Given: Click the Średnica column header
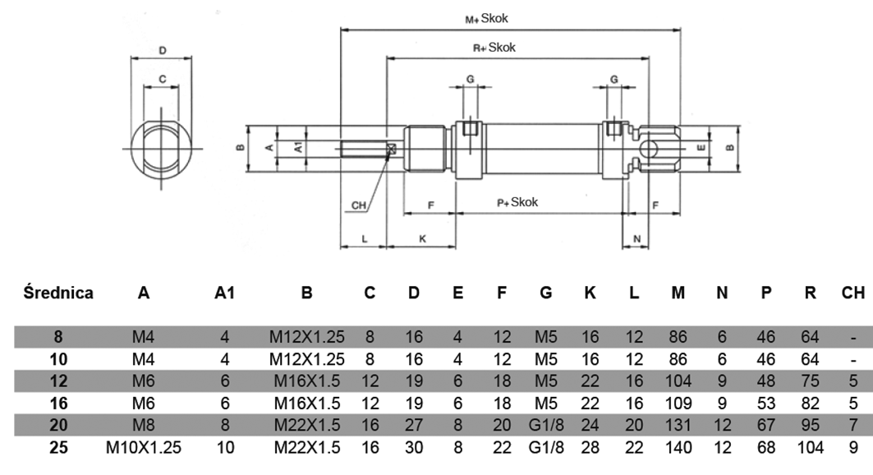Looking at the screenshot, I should (58, 292).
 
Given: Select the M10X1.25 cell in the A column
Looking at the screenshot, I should (144, 448).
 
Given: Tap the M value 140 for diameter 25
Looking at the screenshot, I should (678, 448).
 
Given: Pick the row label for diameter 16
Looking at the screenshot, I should (58, 404).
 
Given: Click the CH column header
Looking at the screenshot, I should (853, 292).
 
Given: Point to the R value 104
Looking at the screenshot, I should (809, 448).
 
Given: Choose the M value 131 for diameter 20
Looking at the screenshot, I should (678, 426).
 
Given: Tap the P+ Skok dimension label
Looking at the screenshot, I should (517, 202).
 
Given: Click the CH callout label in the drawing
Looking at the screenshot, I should (359, 205).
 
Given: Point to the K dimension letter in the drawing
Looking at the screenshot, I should (422, 237).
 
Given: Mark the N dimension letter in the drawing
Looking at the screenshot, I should (637, 237).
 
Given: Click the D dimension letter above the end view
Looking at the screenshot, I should (163, 51).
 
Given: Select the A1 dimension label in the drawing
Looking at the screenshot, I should (299, 147).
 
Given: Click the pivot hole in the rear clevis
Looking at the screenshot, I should (651, 148).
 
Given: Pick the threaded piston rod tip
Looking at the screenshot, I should (361, 149).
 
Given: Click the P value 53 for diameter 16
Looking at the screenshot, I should (765, 404).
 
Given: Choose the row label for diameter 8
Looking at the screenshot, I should (58, 337).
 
